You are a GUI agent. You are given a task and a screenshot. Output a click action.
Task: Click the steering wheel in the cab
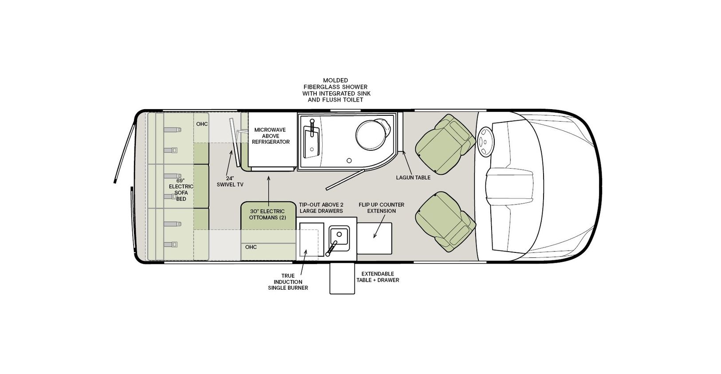click(x=485, y=142)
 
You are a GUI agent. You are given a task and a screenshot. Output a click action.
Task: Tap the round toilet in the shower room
click(x=371, y=135)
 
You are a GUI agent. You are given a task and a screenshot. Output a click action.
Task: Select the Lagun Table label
click(x=413, y=177)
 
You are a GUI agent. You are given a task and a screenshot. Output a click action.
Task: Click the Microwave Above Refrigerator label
click(x=271, y=136)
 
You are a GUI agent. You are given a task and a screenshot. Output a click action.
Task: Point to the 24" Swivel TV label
click(x=230, y=181)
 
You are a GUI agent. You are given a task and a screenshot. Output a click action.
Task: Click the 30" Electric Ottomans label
click(x=268, y=214)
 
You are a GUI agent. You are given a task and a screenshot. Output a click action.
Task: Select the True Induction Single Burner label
click(x=288, y=282)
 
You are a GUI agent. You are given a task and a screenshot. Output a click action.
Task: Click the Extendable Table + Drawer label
click(x=378, y=277)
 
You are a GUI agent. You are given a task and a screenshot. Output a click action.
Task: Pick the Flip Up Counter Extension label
click(x=382, y=208)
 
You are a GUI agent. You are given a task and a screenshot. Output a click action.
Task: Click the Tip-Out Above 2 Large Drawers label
click(x=321, y=208)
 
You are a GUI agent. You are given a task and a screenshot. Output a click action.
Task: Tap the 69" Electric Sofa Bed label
click(x=181, y=189)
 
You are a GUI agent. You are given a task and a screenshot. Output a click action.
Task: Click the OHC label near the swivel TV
click(x=202, y=124)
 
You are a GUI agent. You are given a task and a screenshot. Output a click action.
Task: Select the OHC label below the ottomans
click(x=251, y=247)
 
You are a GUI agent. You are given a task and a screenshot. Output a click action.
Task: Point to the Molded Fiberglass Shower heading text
click(x=336, y=90)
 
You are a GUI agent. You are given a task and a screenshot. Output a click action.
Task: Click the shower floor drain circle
click(x=349, y=160)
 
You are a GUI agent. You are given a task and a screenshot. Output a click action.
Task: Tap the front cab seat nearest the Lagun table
click(x=445, y=144)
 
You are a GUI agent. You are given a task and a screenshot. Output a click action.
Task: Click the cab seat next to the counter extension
click(x=445, y=222)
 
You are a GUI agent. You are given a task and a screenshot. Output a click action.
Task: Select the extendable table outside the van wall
click(x=342, y=278)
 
